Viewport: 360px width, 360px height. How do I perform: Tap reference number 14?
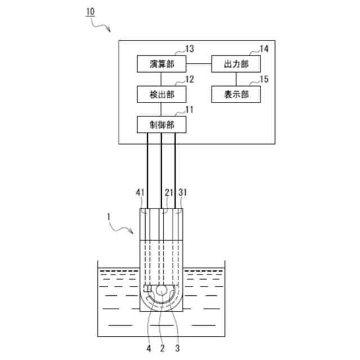pyautogui.click(x=263, y=49)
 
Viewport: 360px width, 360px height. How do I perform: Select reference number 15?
pyautogui.click(x=263, y=79)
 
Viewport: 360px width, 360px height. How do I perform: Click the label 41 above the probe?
pyautogui.click(x=141, y=192)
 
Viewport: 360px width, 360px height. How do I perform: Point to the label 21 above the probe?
pyautogui.click(x=167, y=192)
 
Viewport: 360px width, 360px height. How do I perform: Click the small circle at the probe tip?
pyautogui.click(x=161, y=290)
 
